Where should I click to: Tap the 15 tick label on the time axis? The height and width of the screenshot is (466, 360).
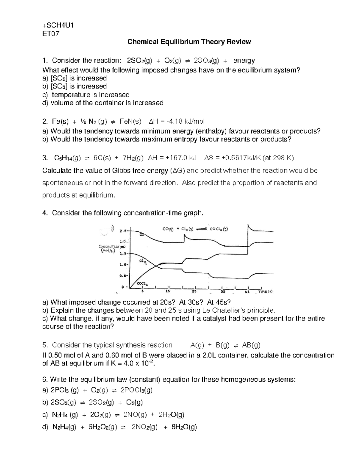point(169,291)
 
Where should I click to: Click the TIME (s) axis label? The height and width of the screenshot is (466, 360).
point(265,291)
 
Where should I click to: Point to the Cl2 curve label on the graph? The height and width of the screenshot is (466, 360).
point(142,261)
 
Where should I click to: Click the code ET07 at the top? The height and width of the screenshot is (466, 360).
point(51,34)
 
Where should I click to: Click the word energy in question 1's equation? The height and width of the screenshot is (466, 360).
point(244,61)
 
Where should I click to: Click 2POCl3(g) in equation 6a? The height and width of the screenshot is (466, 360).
point(136,390)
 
